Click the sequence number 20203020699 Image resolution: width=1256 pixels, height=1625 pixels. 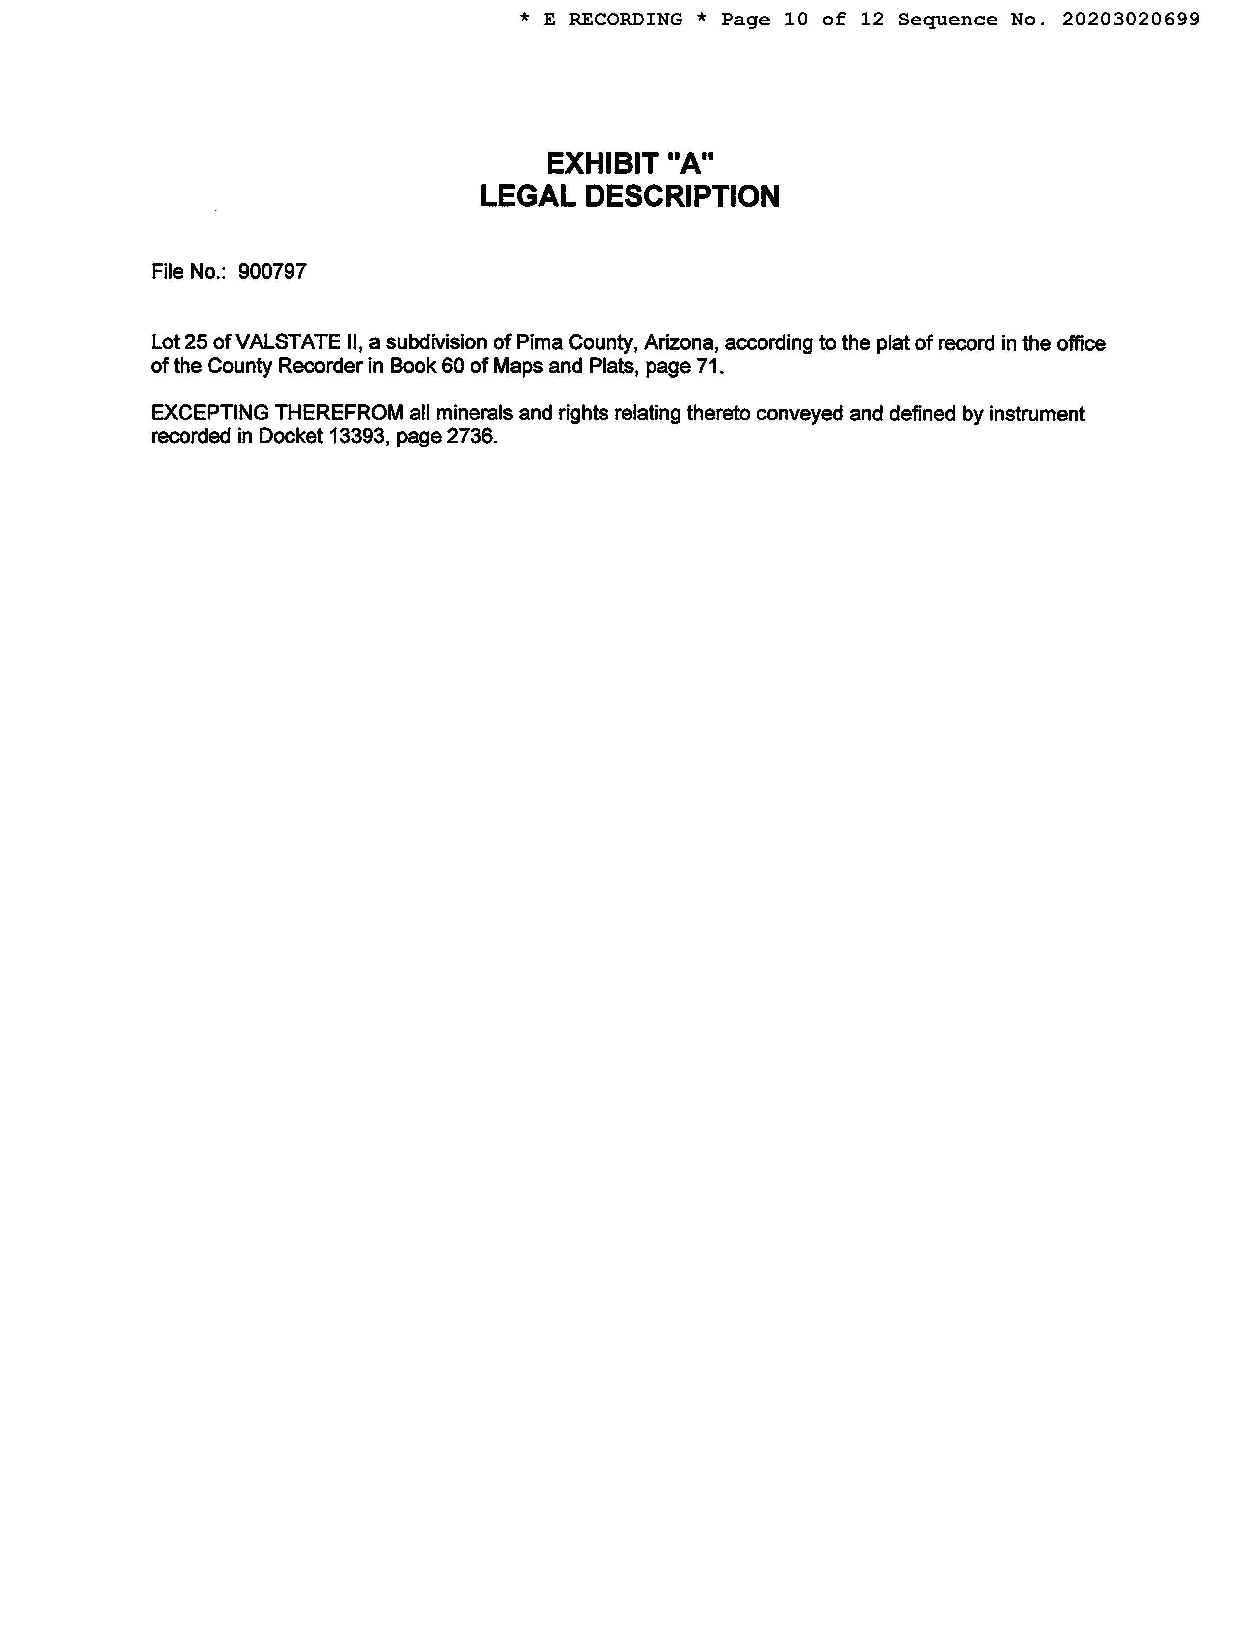tap(1130, 19)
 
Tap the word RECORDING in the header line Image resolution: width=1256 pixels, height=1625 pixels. tap(625, 19)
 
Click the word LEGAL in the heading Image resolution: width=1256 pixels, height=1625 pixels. tap(527, 196)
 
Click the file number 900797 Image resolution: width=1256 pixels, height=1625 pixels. tap(272, 272)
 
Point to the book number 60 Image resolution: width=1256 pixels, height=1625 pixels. tap(452, 367)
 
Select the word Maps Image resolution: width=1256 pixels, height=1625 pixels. tap(517, 367)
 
